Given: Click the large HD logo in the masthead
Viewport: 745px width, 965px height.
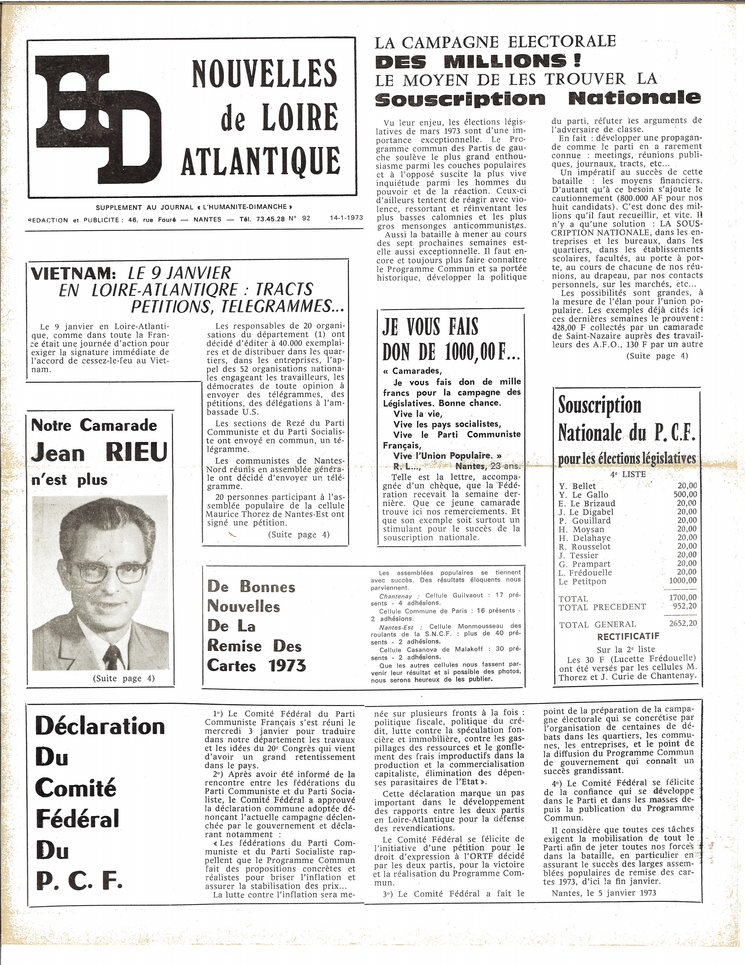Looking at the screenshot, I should tap(98, 118).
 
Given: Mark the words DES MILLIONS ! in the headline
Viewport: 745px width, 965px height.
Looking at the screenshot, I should tap(477, 61).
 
